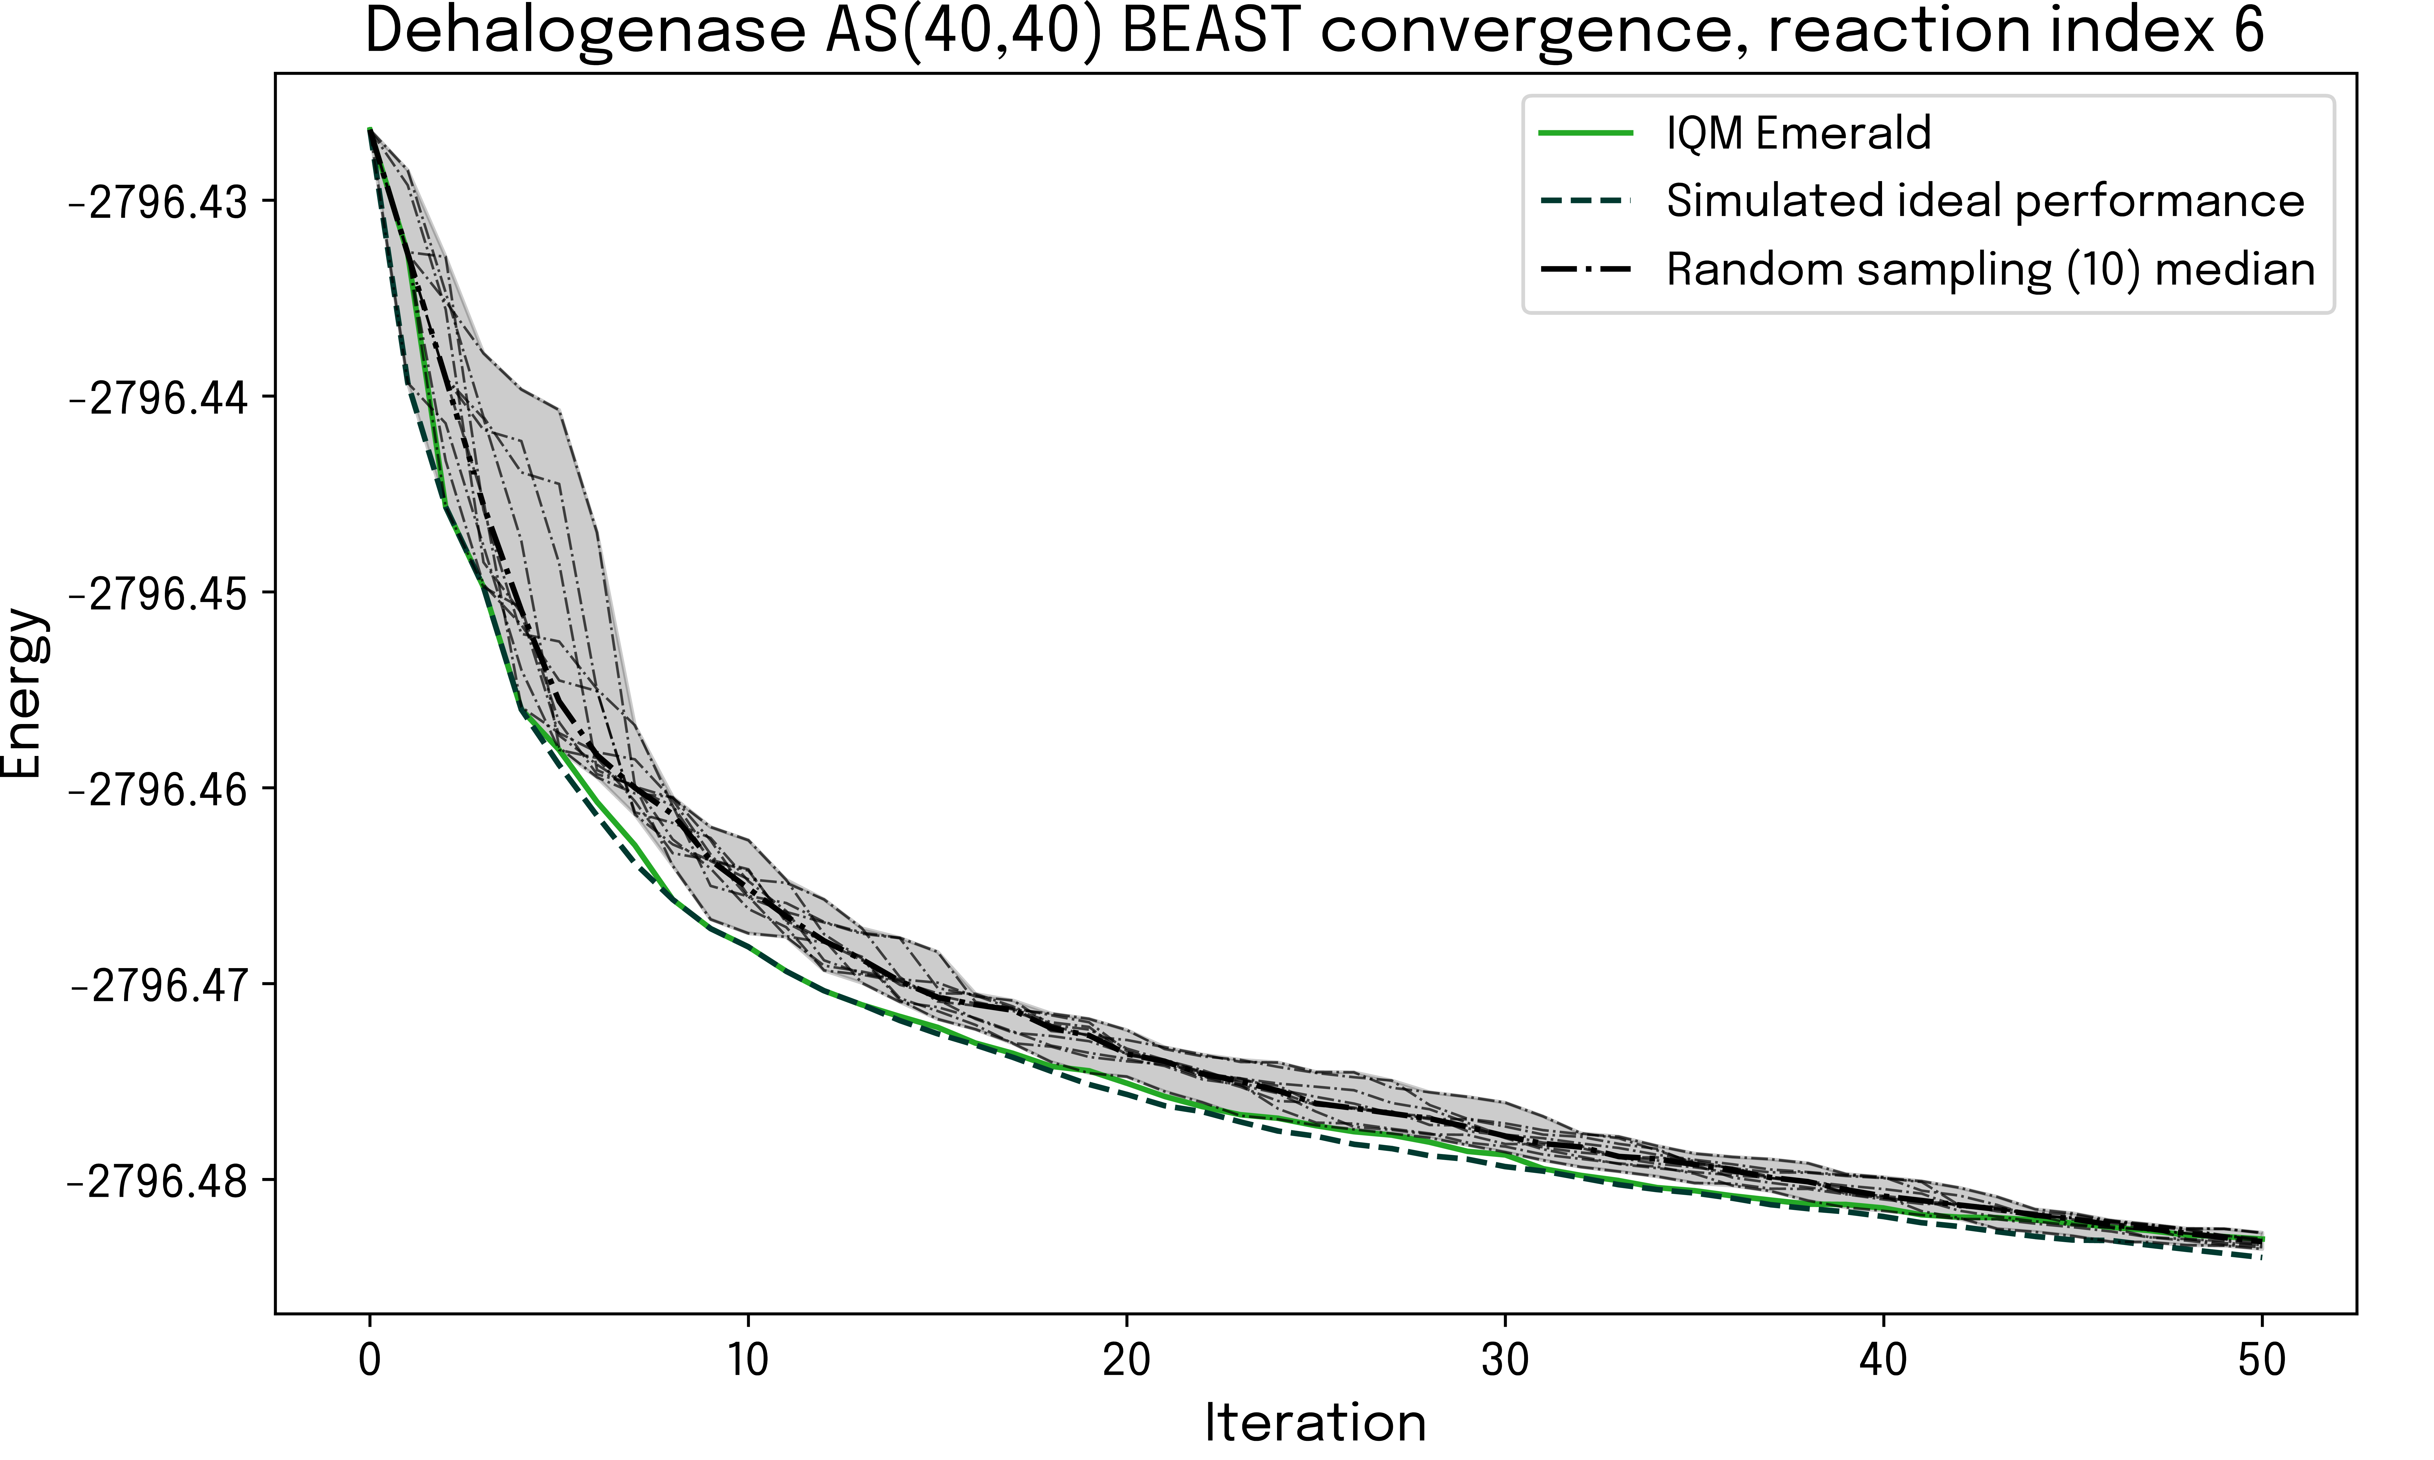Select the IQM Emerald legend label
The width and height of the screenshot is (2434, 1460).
[1798, 133]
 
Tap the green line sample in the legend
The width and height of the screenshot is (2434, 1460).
[1586, 133]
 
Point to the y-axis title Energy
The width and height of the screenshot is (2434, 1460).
[22, 693]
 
